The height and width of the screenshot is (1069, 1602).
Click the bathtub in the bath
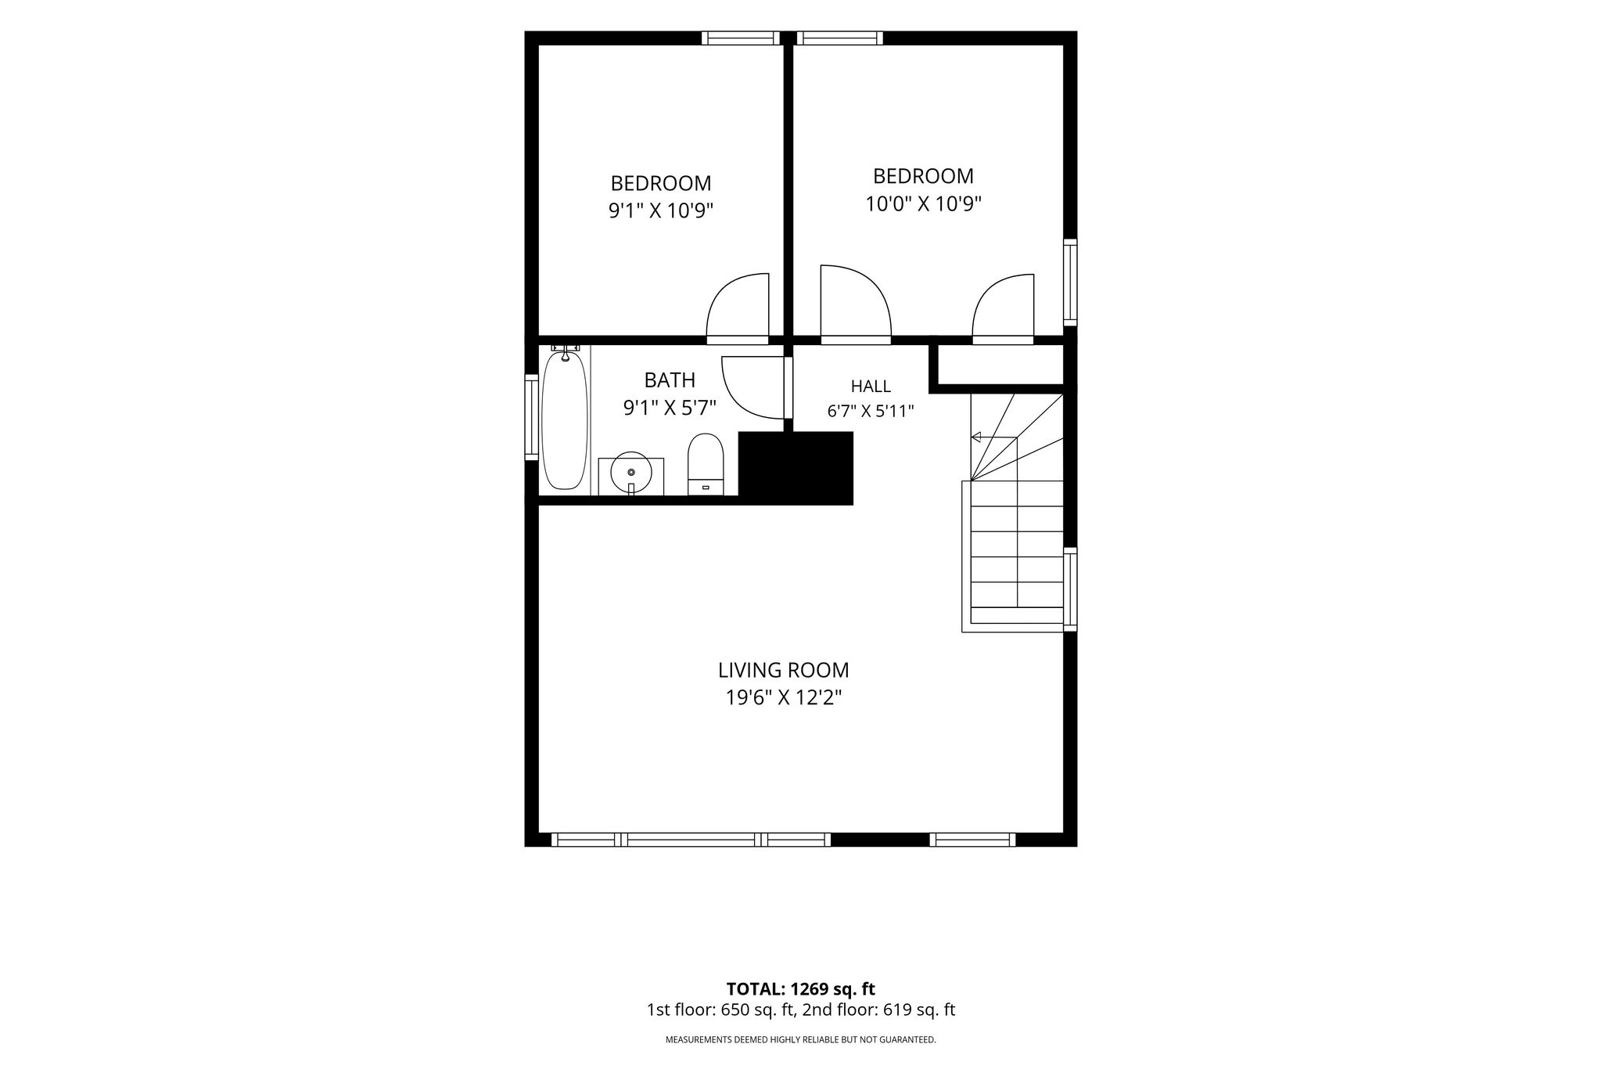pyautogui.click(x=564, y=421)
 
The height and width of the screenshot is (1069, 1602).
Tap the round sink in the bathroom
pyautogui.click(x=631, y=473)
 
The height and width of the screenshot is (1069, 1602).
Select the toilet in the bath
pyautogui.click(x=706, y=464)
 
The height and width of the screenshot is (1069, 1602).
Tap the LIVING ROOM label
pyautogui.click(x=783, y=670)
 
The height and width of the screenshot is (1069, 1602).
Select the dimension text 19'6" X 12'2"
pyautogui.click(x=783, y=697)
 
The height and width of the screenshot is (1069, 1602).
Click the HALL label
pyautogui.click(x=871, y=386)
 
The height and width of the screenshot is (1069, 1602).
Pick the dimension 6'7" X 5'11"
pyautogui.click(x=871, y=411)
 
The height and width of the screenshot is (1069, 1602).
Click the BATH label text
pyautogui.click(x=670, y=380)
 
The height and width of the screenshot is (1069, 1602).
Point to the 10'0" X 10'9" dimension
pyautogui.click(x=923, y=204)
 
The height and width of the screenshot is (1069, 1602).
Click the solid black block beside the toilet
pyautogui.click(x=796, y=468)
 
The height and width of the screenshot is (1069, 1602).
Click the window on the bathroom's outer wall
pyautogui.click(x=532, y=416)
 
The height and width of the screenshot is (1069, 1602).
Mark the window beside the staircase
pyautogui.click(x=1070, y=588)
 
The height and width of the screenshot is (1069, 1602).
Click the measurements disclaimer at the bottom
pyautogui.click(x=800, y=1040)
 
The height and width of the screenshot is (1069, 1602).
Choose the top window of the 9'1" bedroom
pyautogui.click(x=741, y=38)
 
